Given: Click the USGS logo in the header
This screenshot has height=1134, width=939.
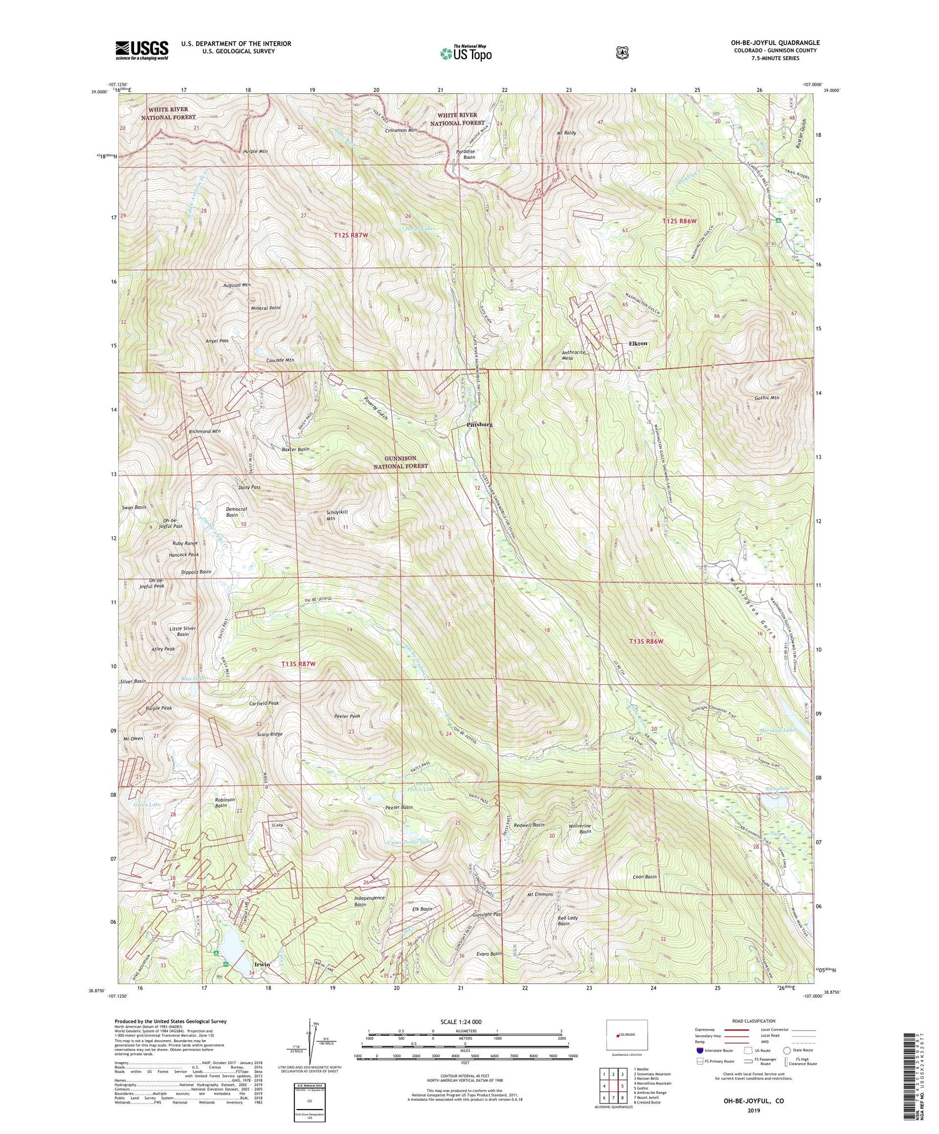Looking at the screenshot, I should point(141,49).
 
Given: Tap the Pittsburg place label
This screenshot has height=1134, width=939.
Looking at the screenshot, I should point(480,425).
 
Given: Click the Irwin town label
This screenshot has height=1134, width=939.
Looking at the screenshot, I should point(262,964).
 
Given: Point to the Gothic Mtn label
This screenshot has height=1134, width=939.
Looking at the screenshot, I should point(766,398).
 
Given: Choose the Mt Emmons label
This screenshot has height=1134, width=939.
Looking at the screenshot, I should point(540,894).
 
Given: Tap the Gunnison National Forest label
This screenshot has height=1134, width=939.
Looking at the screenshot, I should point(401,462).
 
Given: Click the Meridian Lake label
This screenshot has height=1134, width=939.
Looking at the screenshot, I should point(777,730).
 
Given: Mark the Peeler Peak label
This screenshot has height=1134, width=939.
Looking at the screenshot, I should point(347,716).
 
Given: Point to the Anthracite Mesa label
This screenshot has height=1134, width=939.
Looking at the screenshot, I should point(573,355).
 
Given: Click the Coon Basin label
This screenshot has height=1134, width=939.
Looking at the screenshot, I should point(645,876).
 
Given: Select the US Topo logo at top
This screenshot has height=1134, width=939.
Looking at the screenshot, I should point(466,53).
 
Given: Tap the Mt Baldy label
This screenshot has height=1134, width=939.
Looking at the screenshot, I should point(566,133).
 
